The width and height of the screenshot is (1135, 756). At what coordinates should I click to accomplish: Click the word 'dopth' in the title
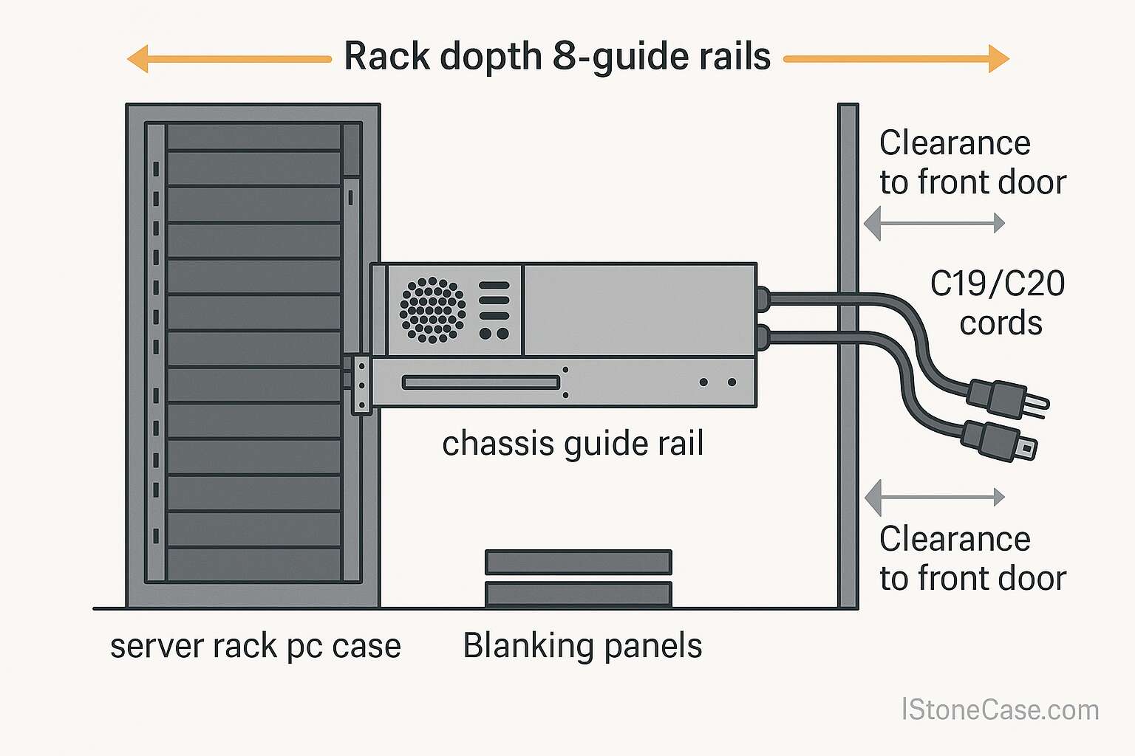click(x=491, y=57)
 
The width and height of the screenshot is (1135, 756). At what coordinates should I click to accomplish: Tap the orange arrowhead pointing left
click(x=138, y=58)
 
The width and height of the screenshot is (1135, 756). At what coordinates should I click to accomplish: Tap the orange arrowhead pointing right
click(x=998, y=58)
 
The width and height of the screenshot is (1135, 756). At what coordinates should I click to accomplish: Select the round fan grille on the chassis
click(x=433, y=310)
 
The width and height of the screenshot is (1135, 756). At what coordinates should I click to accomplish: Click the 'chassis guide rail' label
click(x=573, y=444)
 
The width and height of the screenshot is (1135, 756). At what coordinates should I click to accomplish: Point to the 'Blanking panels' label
click(x=582, y=645)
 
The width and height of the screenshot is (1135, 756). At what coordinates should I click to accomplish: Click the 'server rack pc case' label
click(x=256, y=646)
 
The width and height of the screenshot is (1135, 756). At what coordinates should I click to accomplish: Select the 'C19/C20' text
click(x=997, y=284)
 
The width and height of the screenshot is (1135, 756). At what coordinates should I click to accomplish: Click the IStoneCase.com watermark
click(x=1000, y=709)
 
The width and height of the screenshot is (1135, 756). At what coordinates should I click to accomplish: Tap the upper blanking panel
click(x=578, y=562)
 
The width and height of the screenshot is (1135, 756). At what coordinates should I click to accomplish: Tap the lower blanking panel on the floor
click(x=578, y=594)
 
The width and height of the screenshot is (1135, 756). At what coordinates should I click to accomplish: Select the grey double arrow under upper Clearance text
click(x=935, y=222)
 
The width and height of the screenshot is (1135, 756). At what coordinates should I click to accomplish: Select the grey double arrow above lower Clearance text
click(x=935, y=497)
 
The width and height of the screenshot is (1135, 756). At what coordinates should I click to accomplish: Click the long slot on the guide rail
click(x=481, y=382)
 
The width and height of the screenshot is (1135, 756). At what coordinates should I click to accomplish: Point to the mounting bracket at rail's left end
click(x=361, y=385)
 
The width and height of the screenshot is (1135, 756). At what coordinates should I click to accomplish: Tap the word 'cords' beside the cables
click(x=1001, y=323)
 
